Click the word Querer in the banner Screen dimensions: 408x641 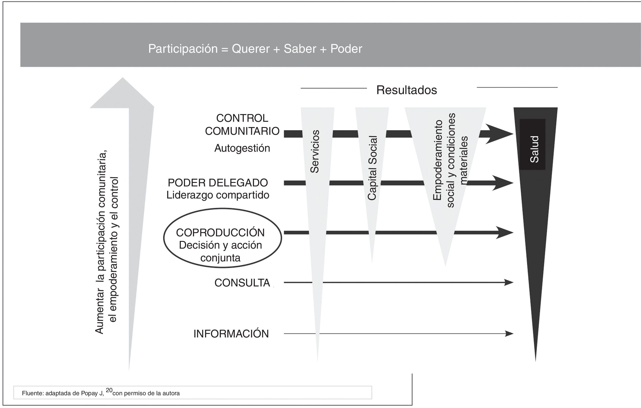pyautogui.click(x=251, y=49)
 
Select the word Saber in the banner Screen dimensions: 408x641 pyautogui.click(x=300, y=49)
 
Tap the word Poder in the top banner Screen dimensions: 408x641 pyautogui.click(x=346, y=49)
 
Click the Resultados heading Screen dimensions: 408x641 pyautogui.click(x=407, y=90)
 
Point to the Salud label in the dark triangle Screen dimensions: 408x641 pyautogui.click(x=534, y=149)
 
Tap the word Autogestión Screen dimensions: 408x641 pyautogui.click(x=242, y=148)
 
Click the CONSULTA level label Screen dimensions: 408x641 pyautogui.click(x=242, y=283)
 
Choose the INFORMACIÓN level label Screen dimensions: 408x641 pyautogui.click(x=231, y=334)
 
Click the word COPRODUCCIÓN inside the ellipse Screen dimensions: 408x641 pyautogui.click(x=220, y=233)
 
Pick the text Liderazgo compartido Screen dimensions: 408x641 pyautogui.click(x=218, y=195)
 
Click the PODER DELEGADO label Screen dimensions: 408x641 pyautogui.click(x=218, y=183)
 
